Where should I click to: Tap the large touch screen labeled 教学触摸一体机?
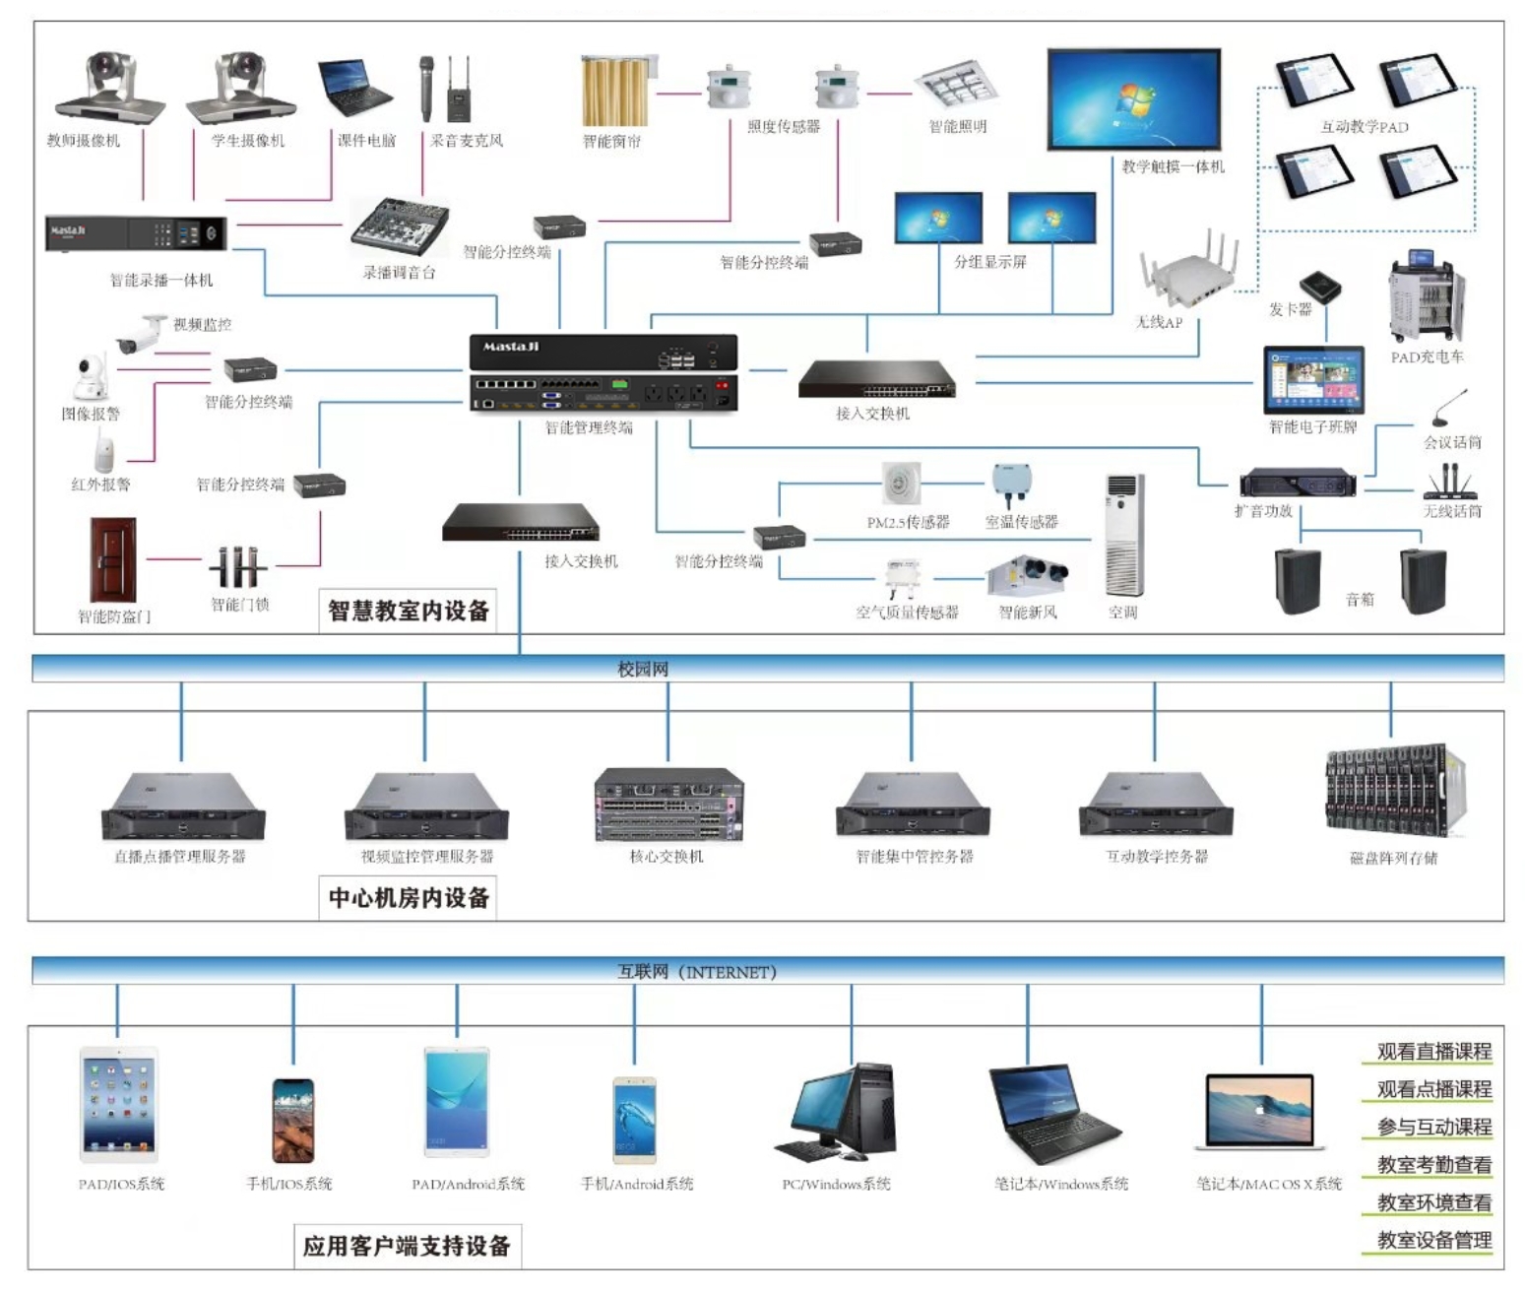pyautogui.click(x=1133, y=99)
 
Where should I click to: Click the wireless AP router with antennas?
pyautogui.click(x=1189, y=272)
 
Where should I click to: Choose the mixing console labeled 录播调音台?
pyautogui.click(x=400, y=227)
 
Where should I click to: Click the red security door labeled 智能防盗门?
pyautogui.click(x=113, y=559)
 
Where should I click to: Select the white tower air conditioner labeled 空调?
pyautogui.click(x=1124, y=535)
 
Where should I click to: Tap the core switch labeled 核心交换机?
pyautogui.click(x=668, y=805)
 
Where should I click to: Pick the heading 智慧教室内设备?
pyautogui.click(x=409, y=612)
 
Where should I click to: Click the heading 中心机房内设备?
pyautogui.click(x=409, y=898)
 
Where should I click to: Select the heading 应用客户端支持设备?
pyautogui.click(x=407, y=1246)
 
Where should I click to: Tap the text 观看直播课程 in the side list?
pyautogui.click(x=1433, y=1051)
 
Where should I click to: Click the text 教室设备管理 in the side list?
pyautogui.click(x=1433, y=1240)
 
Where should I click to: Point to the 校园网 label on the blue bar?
pyautogui.click(x=642, y=670)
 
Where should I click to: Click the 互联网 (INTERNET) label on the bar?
pyautogui.click(x=696, y=972)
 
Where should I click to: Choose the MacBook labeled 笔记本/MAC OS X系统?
pyautogui.click(x=1260, y=1113)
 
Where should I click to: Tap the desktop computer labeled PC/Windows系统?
pyautogui.click(x=838, y=1113)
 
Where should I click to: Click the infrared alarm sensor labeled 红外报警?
pyautogui.click(x=103, y=452)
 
